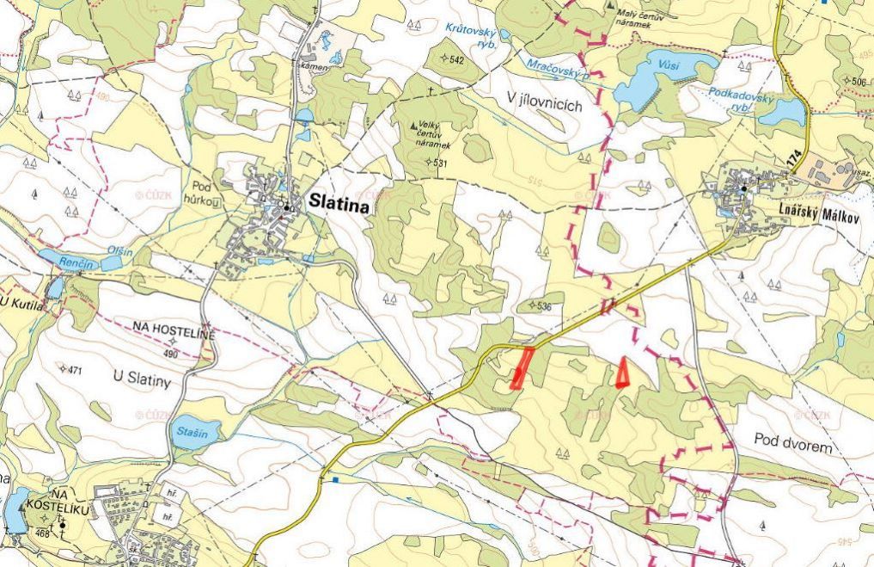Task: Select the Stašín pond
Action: click(189, 433)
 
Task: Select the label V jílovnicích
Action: click(545, 105)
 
